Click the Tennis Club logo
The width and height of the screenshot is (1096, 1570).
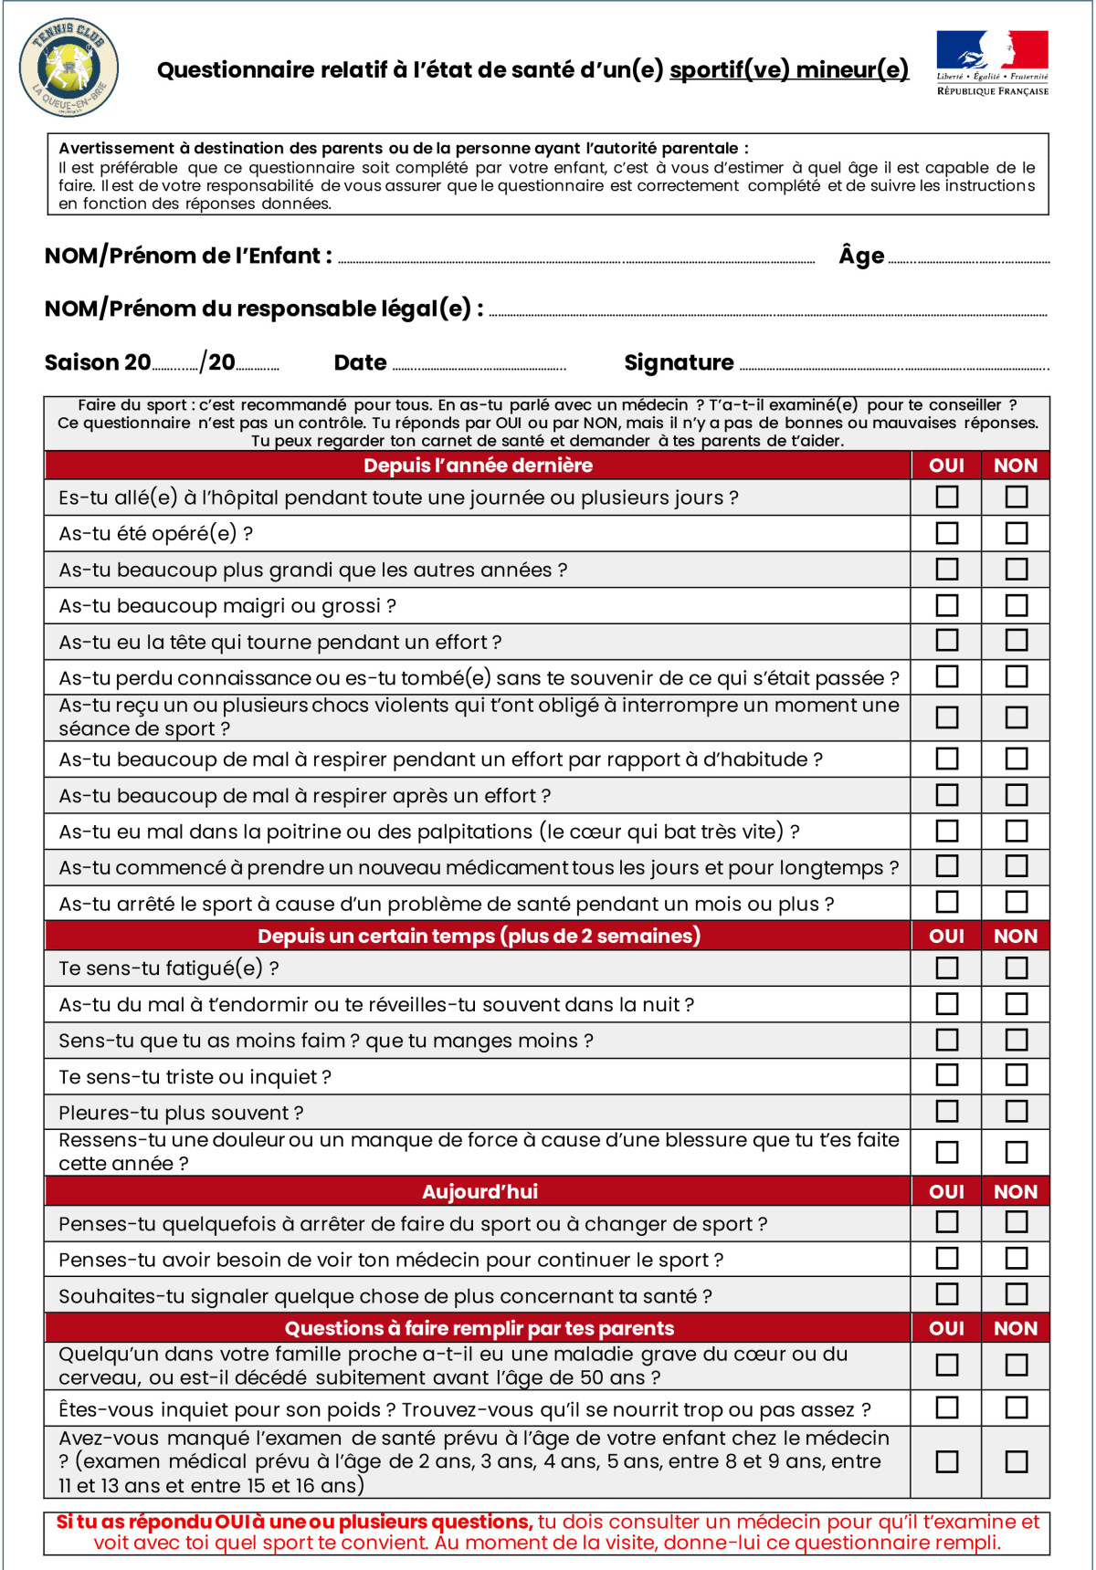[68, 69]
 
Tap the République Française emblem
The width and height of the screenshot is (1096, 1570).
[992, 62]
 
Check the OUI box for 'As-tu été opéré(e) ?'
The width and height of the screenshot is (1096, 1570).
[947, 533]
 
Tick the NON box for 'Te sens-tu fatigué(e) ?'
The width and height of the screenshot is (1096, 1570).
[1016, 968]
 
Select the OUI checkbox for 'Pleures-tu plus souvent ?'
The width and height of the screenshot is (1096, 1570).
[947, 1112]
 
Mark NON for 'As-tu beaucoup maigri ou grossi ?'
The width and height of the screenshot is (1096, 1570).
[1016, 605]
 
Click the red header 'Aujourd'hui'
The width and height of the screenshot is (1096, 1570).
[479, 1191]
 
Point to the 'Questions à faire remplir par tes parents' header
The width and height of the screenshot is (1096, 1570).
[479, 1328]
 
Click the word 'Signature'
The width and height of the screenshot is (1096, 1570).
[679, 362]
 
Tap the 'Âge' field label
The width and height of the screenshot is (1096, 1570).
[861, 256]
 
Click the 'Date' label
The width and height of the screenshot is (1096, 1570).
[360, 362]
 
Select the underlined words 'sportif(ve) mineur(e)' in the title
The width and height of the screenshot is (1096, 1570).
[788, 70]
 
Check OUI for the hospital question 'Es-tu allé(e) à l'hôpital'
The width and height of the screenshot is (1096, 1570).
[947, 497]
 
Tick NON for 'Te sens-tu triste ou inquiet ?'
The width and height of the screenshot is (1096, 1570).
[1016, 1075]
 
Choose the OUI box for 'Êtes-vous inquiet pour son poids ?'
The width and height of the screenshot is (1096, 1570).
[947, 1408]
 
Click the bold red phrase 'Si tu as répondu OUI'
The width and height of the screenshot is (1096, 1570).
[157, 1522]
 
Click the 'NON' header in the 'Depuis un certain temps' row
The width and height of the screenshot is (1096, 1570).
[1015, 936]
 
